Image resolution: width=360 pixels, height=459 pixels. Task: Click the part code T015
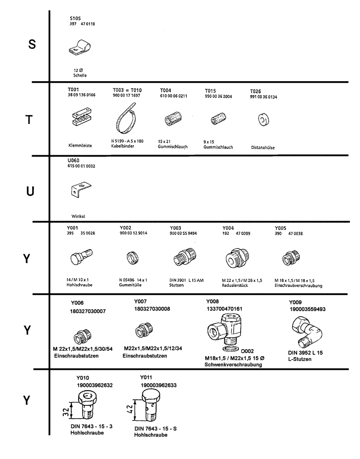[x=211, y=91]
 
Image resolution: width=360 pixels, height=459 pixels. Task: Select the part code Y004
[x=228, y=228]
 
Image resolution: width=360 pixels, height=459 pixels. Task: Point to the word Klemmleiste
[x=80, y=145]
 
